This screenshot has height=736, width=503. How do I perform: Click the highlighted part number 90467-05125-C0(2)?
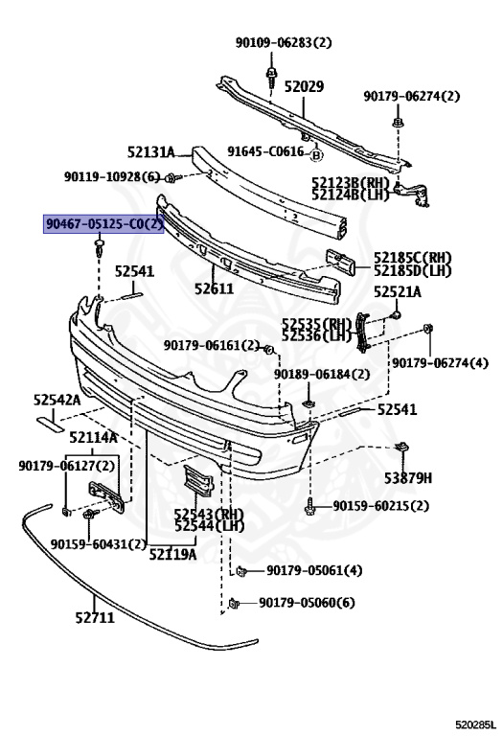pyautogui.click(x=103, y=224)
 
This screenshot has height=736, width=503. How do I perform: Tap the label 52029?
pyautogui.click(x=304, y=87)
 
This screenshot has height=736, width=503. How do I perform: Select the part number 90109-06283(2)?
pyautogui.click(x=284, y=43)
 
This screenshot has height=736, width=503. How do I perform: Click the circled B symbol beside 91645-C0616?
pyautogui.click(x=317, y=155)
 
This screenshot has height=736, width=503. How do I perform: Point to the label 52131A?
pyautogui.click(x=150, y=152)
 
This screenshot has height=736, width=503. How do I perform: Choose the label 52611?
pyautogui.click(x=214, y=288)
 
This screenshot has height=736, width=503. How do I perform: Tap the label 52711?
pyautogui.click(x=95, y=617)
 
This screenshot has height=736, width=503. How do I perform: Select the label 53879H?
pyautogui.click(x=408, y=478)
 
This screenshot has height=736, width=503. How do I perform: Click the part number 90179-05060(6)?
pyautogui.click(x=307, y=602)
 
